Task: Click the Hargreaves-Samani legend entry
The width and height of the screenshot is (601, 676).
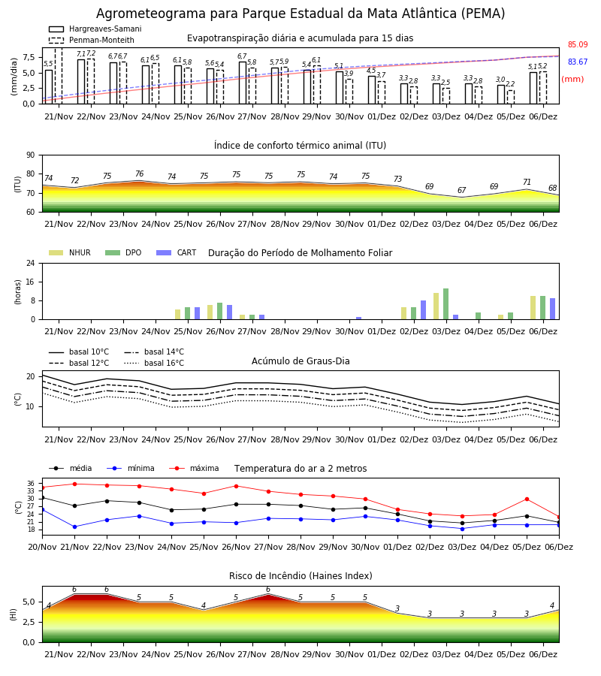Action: [95, 29]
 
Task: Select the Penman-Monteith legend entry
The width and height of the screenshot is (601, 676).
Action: [92, 40]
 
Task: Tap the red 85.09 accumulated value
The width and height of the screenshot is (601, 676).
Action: [578, 44]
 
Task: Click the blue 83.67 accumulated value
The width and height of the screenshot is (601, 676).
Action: [578, 62]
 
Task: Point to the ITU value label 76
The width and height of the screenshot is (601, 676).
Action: [139, 174]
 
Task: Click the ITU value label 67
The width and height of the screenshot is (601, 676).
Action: [462, 190]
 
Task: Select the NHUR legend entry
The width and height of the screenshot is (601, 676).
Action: [69, 252]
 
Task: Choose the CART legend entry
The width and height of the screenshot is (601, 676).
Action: [177, 252]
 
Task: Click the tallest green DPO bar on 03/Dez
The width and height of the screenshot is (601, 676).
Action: [445, 304]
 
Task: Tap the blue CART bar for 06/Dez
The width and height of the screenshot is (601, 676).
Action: [552, 309]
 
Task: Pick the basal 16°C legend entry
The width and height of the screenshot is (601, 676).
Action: [154, 363]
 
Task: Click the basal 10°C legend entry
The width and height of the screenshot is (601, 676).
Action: [79, 352]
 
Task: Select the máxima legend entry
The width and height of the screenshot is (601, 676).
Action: [195, 468]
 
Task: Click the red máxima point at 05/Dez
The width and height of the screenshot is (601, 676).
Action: [527, 499]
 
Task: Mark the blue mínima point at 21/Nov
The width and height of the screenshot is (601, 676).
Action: [74, 527]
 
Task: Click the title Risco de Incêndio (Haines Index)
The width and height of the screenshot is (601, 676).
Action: [300, 575]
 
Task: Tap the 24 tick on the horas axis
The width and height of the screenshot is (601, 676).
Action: [31, 263]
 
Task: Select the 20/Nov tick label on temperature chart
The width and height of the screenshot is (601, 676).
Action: [42, 547]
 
